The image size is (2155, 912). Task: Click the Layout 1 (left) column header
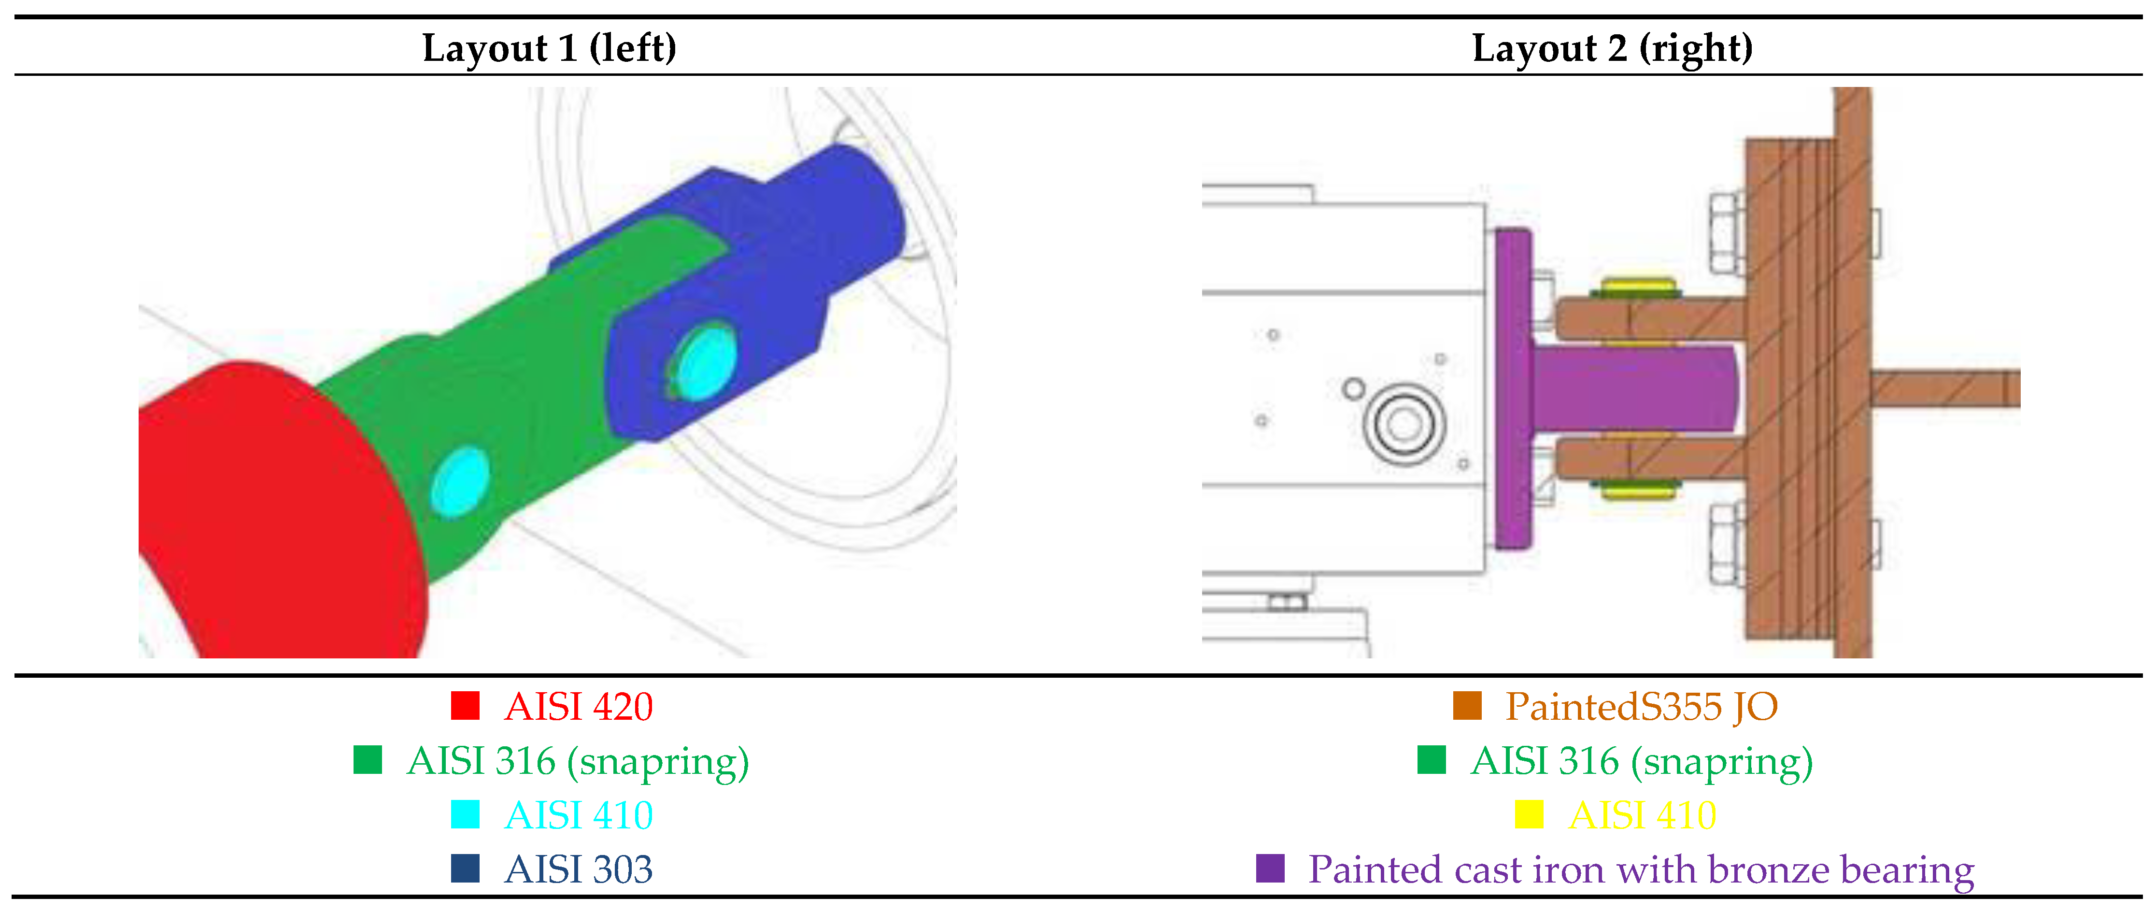point(549,48)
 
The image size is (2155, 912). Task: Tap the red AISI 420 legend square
point(465,705)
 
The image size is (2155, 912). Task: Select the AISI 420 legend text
point(578,706)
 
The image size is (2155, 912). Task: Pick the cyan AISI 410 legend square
point(465,814)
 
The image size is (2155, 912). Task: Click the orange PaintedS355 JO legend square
point(1467,705)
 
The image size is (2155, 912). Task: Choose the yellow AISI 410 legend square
point(1529,814)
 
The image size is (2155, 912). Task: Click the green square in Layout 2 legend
point(1432,760)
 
